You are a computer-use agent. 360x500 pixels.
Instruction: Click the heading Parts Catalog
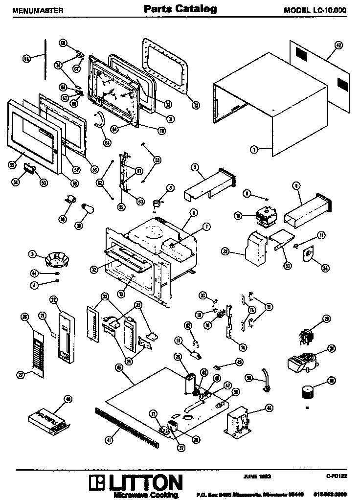(180, 9)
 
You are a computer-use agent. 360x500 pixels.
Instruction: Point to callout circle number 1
(254, 150)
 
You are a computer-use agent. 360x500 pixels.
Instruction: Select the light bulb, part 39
(89, 210)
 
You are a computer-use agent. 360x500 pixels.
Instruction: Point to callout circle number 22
(53, 299)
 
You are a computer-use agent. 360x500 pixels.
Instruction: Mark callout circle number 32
(225, 251)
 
